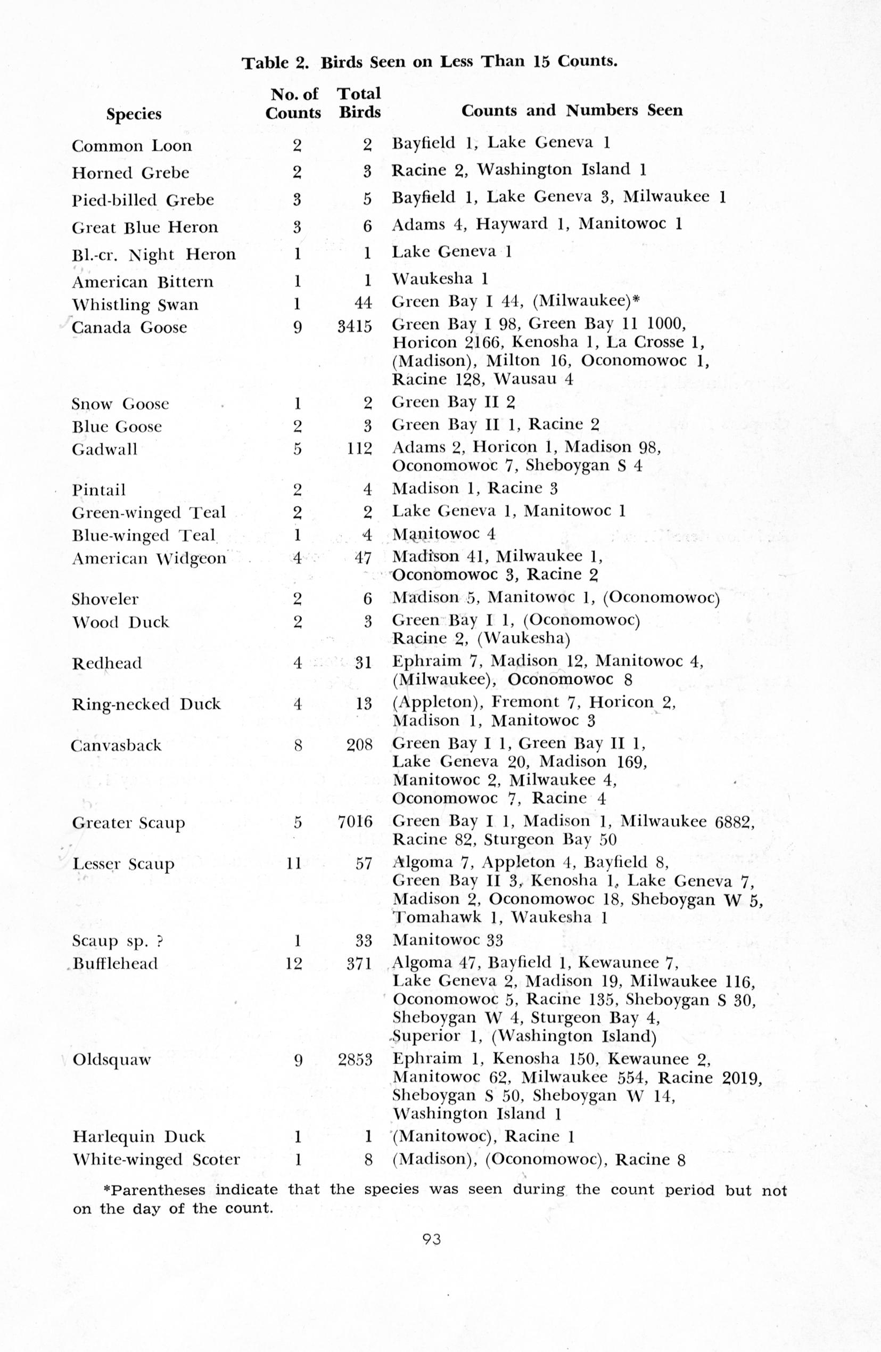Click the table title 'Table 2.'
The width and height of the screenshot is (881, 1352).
276,62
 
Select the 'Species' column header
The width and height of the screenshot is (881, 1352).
134,114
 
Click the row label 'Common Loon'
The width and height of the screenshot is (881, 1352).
132,146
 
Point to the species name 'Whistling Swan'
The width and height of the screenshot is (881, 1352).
135,305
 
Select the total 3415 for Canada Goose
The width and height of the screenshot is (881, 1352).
355,326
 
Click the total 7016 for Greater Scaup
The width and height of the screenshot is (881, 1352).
356,822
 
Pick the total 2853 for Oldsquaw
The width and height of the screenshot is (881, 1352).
356,1060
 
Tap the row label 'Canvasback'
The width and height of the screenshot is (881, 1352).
117,745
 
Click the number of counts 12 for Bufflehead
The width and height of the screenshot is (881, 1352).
294,964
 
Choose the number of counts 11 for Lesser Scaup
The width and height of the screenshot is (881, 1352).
294,864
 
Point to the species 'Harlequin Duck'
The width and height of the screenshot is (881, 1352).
139,1137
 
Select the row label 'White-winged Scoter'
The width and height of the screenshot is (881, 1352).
156,1160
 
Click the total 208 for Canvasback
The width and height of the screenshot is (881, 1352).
359,745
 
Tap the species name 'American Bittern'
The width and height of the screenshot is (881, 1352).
143,282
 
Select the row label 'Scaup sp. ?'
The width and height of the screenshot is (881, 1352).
118,941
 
